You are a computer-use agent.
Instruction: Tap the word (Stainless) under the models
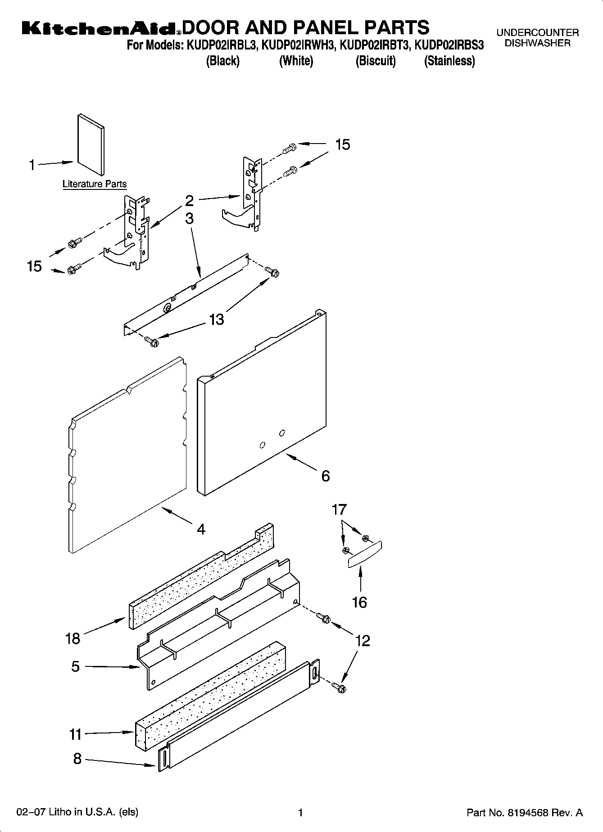tap(449, 61)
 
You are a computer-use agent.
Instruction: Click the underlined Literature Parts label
tap(95, 184)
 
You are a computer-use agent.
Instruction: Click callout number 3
tap(190, 219)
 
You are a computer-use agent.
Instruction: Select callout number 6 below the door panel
tap(326, 476)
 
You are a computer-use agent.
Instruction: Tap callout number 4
tap(201, 529)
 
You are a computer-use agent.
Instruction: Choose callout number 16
tap(359, 602)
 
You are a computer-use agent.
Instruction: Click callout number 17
tap(339, 510)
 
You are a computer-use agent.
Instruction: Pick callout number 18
tap(73, 638)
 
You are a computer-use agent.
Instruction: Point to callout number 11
tap(75, 735)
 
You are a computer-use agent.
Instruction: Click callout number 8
tap(77, 759)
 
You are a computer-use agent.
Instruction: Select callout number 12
tap(363, 640)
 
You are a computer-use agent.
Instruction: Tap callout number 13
tap(216, 319)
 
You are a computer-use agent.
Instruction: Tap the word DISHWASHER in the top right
tap(537, 44)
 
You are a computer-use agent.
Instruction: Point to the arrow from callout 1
tap(55, 163)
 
